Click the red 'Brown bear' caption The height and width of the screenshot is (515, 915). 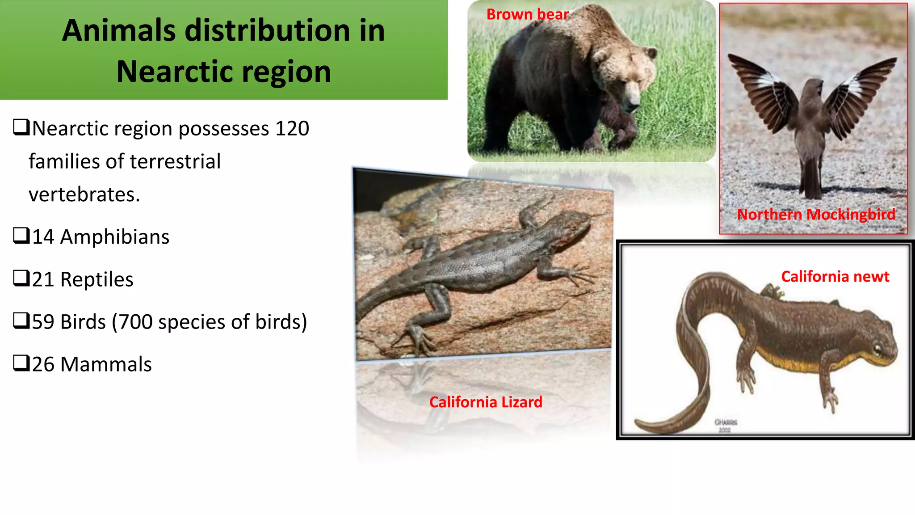[x=527, y=14]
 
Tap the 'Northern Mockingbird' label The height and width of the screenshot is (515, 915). [x=816, y=215]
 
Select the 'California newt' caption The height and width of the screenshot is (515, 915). [x=835, y=277]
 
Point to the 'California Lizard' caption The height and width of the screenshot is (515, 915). [x=486, y=402]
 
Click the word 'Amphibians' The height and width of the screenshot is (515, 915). [x=114, y=237]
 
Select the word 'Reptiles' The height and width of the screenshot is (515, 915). [x=97, y=279]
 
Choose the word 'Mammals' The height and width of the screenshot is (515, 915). [x=106, y=364]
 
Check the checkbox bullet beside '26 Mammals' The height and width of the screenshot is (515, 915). [x=21, y=363]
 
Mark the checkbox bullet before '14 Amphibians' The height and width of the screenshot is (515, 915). [x=21, y=236]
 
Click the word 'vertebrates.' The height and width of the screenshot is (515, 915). [x=84, y=194]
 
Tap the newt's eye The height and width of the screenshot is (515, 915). [x=877, y=348]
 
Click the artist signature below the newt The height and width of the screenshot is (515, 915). [x=726, y=425]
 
